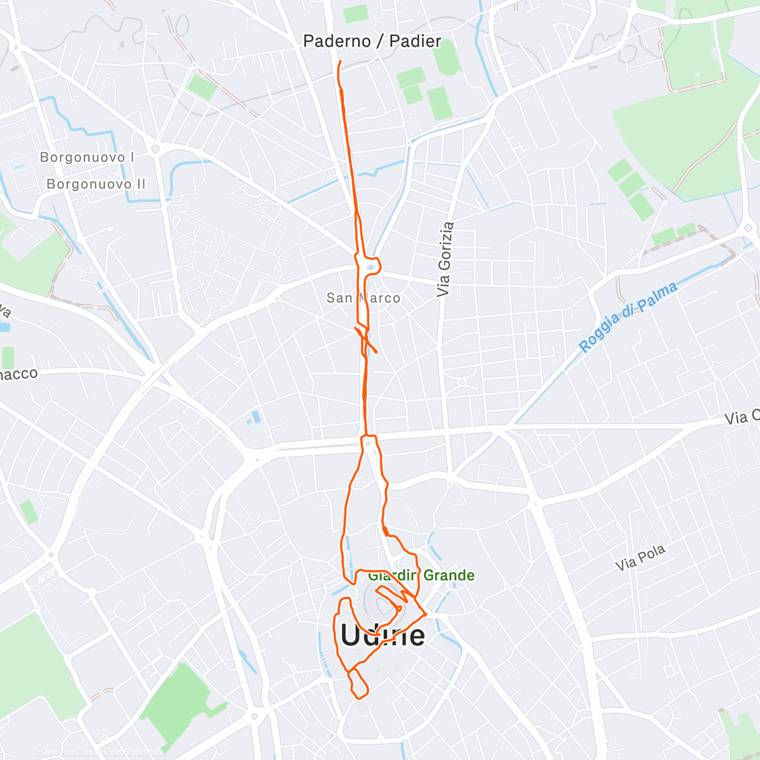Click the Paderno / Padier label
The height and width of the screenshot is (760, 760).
[x=372, y=41]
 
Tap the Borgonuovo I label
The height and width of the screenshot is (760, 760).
[x=87, y=157]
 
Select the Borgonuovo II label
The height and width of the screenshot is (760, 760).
[x=96, y=184]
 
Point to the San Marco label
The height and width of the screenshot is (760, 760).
[x=363, y=298]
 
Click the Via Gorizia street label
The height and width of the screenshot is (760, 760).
[x=445, y=259]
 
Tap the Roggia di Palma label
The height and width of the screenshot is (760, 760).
[x=628, y=317]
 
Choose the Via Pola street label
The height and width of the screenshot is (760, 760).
[x=641, y=557]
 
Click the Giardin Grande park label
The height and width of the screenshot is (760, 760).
[x=421, y=575]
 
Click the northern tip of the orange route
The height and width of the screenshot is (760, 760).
[x=340, y=61]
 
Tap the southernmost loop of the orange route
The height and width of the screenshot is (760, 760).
[x=358, y=685]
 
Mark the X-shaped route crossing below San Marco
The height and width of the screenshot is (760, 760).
[x=365, y=339]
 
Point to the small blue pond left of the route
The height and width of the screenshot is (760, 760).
[x=256, y=417]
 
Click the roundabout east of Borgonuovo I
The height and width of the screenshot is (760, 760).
[x=155, y=149]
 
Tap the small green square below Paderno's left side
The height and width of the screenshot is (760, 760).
[x=202, y=87]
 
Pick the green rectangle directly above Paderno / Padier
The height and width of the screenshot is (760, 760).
[x=356, y=13]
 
